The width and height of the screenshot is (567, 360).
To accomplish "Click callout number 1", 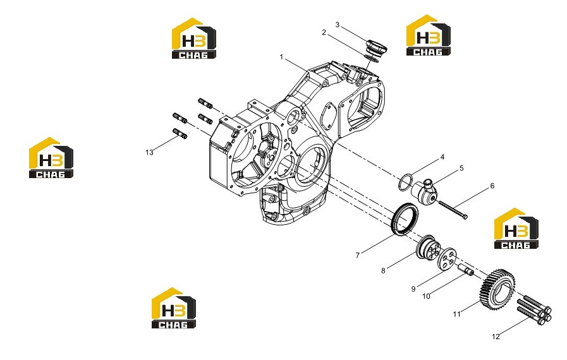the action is (x=281, y=57).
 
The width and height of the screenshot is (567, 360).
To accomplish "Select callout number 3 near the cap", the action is (x=338, y=25).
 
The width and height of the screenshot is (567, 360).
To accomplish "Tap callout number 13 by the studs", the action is (x=149, y=153).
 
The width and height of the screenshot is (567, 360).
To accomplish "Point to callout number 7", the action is (x=357, y=255).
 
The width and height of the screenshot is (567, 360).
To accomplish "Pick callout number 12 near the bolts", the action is (x=496, y=337).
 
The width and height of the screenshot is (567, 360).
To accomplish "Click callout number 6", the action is (x=492, y=186).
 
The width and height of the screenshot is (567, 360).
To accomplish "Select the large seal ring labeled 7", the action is (x=405, y=219).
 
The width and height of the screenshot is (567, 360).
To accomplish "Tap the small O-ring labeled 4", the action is (x=405, y=183).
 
